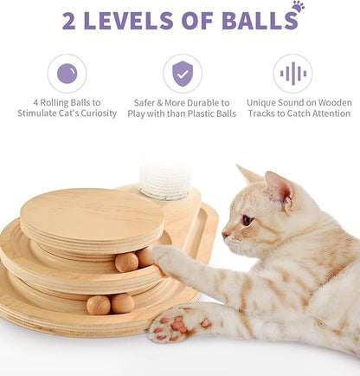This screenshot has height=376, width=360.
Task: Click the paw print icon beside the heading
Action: click(x=298, y=7)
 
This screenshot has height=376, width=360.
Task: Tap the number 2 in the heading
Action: click(x=69, y=20)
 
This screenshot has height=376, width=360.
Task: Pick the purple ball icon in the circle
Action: click(x=67, y=74)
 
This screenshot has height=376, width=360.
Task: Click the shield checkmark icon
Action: click(x=182, y=74)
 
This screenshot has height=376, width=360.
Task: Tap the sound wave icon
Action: click(x=292, y=74)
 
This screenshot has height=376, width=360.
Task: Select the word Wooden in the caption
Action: click(x=331, y=102)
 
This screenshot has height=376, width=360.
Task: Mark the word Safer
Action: click(x=148, y=102)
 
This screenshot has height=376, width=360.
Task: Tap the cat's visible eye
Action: click(x=247, y=219)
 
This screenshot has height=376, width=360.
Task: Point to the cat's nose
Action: click(x=224, y=234)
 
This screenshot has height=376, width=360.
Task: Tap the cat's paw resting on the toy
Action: click(x=169, y=259)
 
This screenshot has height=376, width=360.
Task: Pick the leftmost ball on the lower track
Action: click(x=97, y=305)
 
